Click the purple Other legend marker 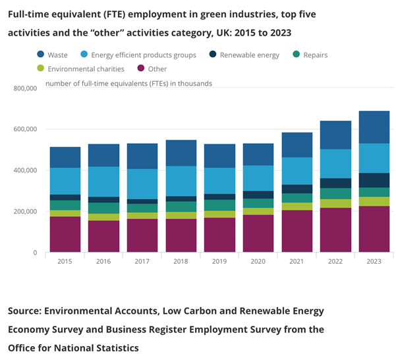tap(140, 69)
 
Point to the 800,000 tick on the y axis tap(24, 88)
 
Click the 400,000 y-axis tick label tap(24, 170)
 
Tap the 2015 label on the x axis tap(65, 262)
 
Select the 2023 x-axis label tap(374, 262)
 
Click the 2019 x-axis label tap(219, 262)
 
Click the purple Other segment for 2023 tap(374, 229)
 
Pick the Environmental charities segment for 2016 tap(103, 217)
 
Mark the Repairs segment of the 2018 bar tap(181, 206)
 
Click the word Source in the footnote tap(29, 311)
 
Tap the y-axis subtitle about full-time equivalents tap(128, 84)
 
